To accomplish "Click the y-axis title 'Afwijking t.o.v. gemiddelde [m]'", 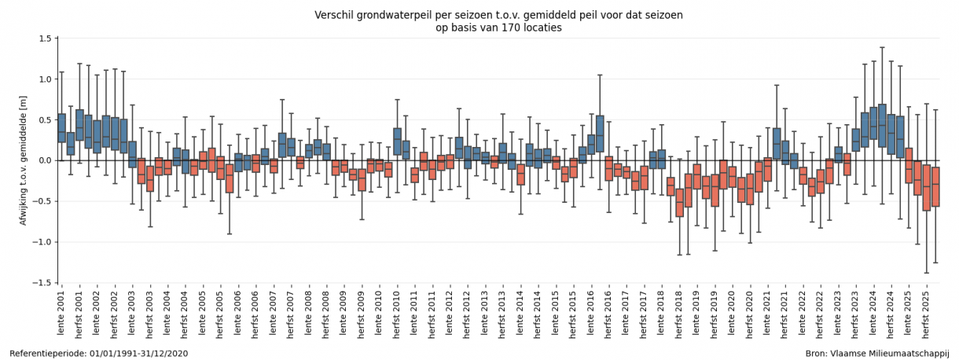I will (x=24, y=160).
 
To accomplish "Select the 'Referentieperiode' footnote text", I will (x=46, y=354).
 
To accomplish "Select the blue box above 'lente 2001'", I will (x=61, y=128).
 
